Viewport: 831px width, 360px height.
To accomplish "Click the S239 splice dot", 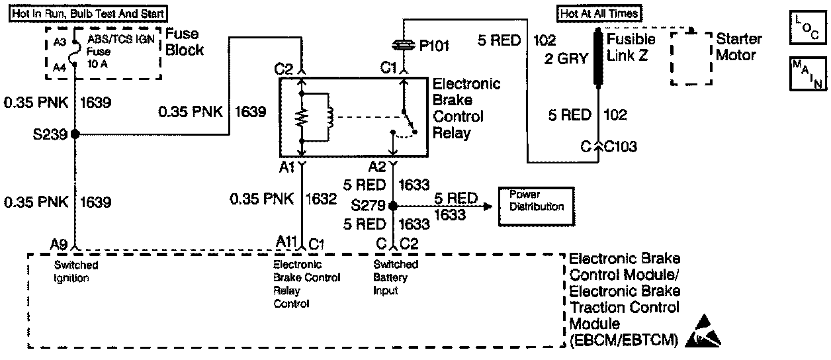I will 74,134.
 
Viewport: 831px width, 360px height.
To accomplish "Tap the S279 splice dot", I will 393,206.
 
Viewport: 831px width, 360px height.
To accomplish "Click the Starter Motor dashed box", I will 693,57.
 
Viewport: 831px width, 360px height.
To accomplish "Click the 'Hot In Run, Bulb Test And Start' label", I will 88,13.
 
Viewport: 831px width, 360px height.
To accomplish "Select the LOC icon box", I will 807,27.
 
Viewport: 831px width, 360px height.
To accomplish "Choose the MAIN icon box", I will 807,74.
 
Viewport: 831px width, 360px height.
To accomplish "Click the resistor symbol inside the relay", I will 302,117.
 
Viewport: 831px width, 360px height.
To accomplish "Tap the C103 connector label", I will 621,146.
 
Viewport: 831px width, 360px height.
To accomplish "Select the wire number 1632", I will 323,198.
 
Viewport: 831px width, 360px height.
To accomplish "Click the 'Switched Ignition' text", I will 76,271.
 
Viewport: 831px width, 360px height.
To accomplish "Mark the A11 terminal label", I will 285,242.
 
